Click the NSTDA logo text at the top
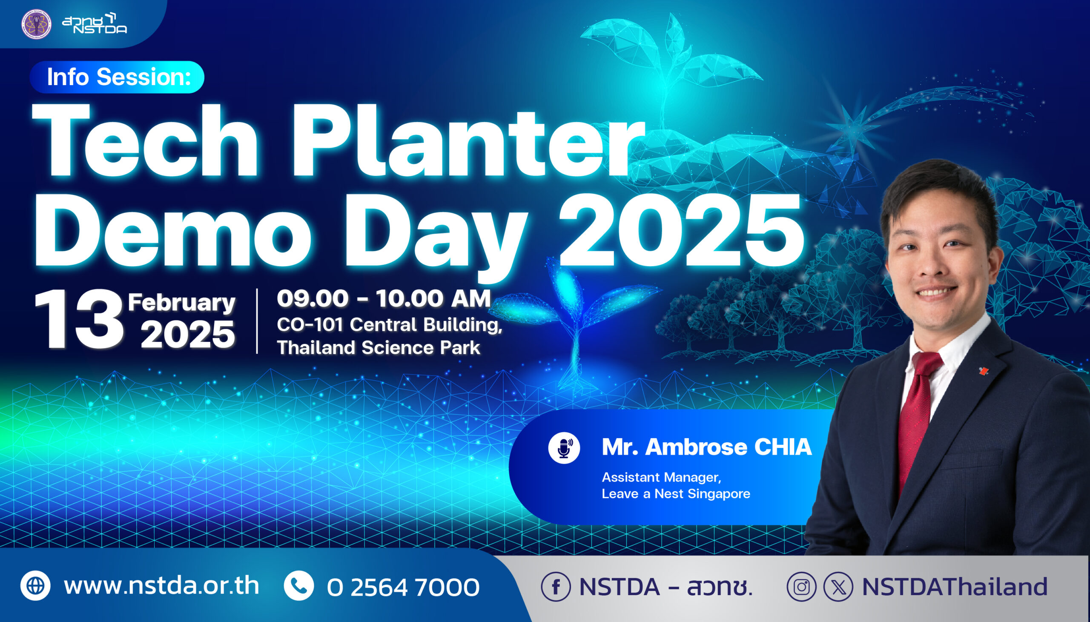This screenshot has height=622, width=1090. [x=95, y=23]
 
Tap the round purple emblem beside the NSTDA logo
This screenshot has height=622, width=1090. [x=36, y=24]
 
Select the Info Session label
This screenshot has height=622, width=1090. [x=118, y=77]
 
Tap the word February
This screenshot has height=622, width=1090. [x=182, y=302]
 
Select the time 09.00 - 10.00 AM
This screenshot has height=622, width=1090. [x=384, y=298]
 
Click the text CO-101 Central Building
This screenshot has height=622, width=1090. [x=390, y=325]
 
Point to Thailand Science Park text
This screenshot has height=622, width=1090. [x=379, y=348]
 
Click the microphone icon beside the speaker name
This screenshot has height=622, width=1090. [x=564, y=448]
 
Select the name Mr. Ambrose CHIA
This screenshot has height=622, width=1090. [x=707, y=447]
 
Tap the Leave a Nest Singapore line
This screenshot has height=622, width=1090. [x=676, y=494]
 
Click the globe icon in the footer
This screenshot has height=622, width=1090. [x=35, y=586]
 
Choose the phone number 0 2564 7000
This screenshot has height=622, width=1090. [x=403, y=587]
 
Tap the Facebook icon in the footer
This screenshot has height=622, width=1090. [x=556, y=587]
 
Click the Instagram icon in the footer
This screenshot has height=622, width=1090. [x=802, y=587]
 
